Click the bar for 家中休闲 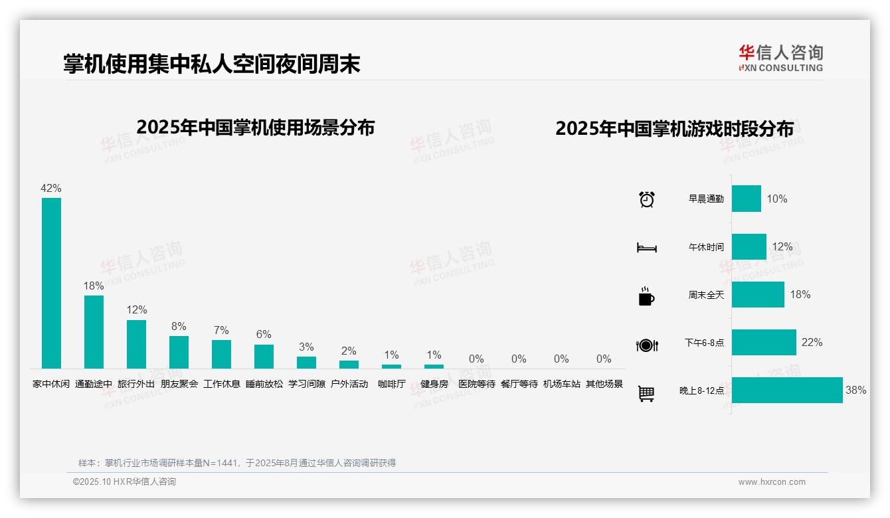[x=51, y=283]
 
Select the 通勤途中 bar [x=94, y=332]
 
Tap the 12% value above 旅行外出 [x=137, y=310]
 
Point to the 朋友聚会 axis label [x=179, y=384]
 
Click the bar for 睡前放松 [x=264, y=357]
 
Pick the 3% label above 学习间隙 [x=306, y=347]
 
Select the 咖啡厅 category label [x=391, y=384]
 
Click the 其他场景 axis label [x=604, y=384]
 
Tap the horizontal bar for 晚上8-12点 [x=787, y=390]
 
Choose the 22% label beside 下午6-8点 [x=812, y=343]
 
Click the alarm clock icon [x=646, y=199]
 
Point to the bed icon [x=646, y=248]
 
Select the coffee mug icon [x=646, y=296]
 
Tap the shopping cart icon [x=646, y=393]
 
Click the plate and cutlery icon [x=646, y=345]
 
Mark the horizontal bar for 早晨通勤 [x=747, y=199]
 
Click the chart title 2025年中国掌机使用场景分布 [x=256, y=128]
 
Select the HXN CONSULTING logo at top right [x=780, y=58]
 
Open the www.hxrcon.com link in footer [x=772, y=482]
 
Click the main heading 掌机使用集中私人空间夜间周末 [x=212, y=64]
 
